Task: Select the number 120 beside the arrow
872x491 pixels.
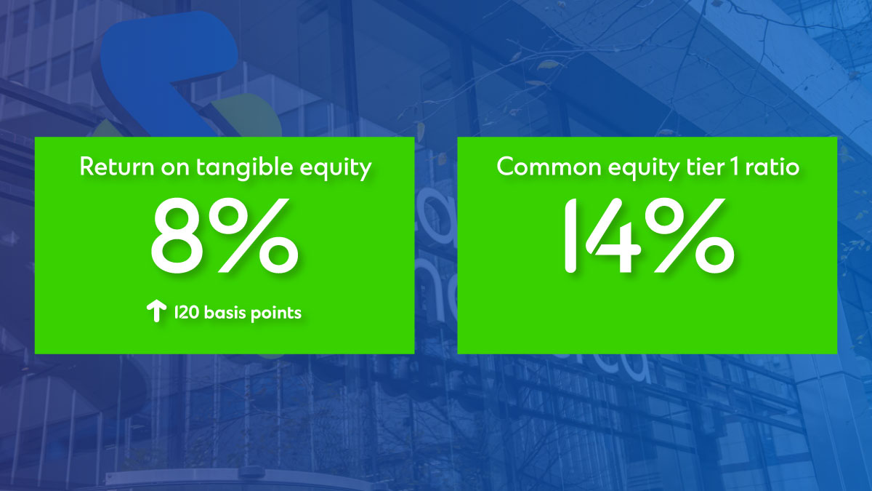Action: [x=187, y=313]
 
